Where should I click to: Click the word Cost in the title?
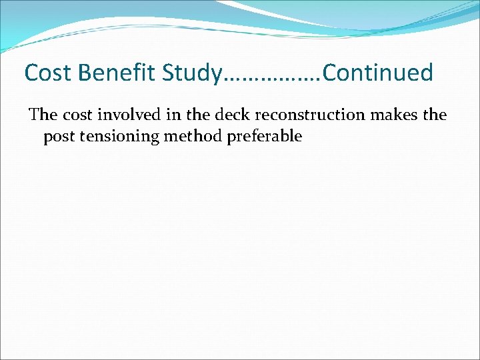[x=45, y=73]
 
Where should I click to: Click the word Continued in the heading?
[x=378, y=73]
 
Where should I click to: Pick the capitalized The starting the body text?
[x=43, y=115]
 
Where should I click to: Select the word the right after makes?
[x=435, y=115]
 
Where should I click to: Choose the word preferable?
[x=265, y=137]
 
